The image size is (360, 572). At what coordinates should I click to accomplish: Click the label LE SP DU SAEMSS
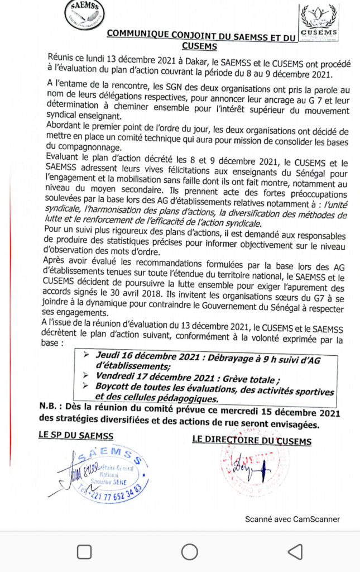point(76,435)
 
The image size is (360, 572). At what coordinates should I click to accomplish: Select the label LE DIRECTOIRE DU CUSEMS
point(252,440)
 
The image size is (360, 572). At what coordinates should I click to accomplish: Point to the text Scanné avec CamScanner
point(292,519)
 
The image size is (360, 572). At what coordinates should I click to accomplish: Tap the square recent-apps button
point(84,552)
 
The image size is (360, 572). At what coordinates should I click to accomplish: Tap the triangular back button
point(295,552)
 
